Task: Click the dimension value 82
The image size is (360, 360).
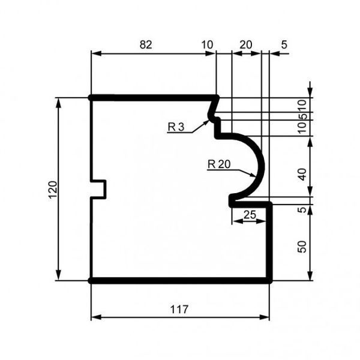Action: [x=146, y=44]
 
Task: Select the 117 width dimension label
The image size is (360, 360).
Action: [x=179, y=310]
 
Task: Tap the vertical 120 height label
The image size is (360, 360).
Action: [x=53, y=191]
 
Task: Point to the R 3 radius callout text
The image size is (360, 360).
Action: [x=176, y=127]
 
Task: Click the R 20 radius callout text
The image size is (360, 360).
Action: [x=219, y=164]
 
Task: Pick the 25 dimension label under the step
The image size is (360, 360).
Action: [x=250, y=215]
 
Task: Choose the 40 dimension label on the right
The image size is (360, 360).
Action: [x=302, y=175]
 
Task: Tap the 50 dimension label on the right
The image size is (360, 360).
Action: [x=302, y=247]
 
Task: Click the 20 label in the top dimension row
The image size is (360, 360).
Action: [x=245, y=44]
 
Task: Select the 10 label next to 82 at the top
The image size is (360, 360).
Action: [x=207, y=44]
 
